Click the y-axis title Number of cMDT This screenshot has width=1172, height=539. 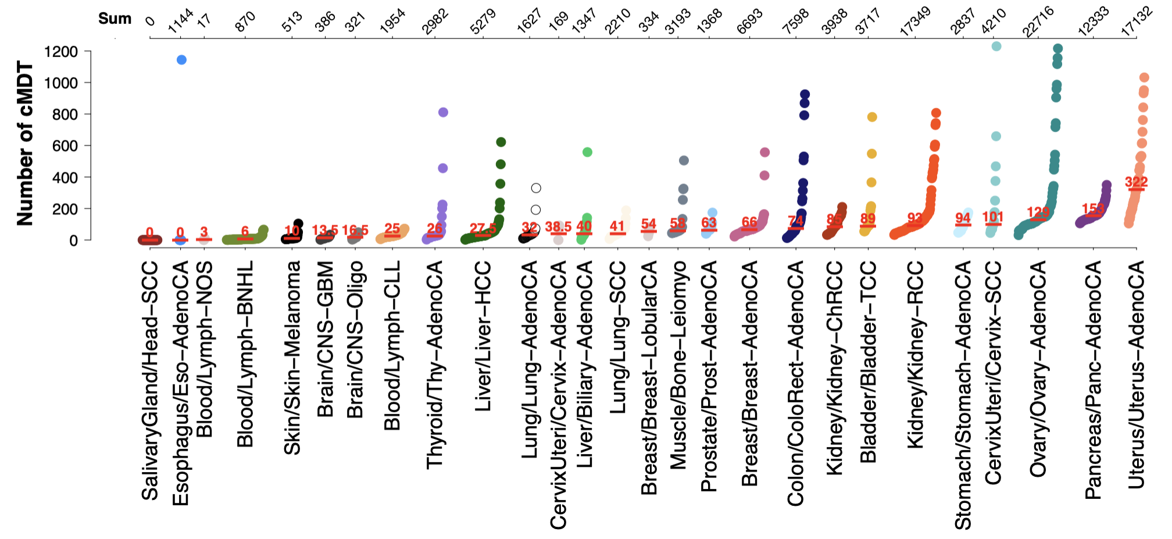coord(24,143)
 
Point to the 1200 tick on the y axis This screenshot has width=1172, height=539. coord(61,52)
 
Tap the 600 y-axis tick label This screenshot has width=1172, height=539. coord(65,146)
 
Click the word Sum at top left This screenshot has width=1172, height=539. coord(115,19)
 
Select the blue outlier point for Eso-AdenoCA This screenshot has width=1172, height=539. coord(181,60)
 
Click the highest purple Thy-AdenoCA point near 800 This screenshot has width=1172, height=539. coord(443,112)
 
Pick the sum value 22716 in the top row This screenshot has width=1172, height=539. coord(1038,22)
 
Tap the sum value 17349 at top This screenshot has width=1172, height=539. coord(915,22)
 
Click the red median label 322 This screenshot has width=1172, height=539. coord(1136,182)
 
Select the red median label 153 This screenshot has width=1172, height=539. coord(1093,208)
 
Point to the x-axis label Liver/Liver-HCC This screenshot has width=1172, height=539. coord(483,336)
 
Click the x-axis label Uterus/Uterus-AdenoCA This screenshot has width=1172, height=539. coord(1136,374)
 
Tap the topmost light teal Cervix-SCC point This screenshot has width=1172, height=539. coord(996,47)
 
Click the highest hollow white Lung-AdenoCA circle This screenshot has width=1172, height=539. coord(536,188)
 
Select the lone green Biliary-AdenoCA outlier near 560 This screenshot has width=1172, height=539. coord(587,152)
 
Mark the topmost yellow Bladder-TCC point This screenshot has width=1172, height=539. coord(872,117)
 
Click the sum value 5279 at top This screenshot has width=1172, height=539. coord(483,22)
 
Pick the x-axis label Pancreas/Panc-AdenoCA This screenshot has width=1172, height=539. coord(1093,380)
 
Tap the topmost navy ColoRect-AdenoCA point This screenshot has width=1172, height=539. coord(805,94)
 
